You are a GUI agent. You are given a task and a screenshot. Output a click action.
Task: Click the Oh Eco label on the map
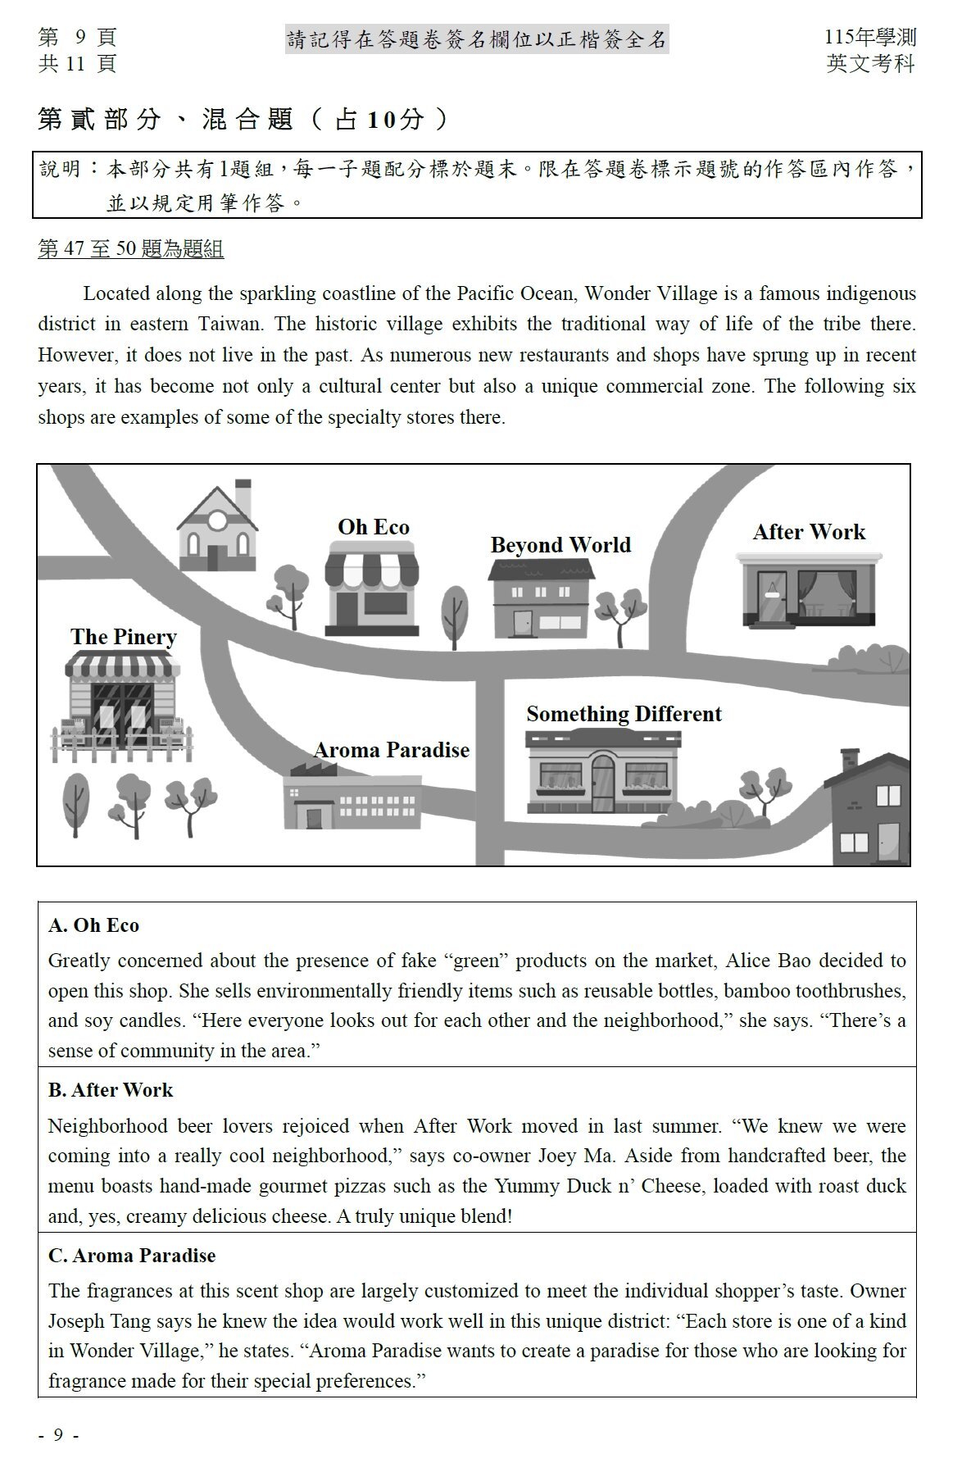pyautogui.click(x=374, y=527)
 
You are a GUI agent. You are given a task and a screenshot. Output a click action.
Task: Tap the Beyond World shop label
pyautogui.click(x=560, y=545)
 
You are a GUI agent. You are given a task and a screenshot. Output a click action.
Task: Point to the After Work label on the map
pyautogui.click(x=809, y=532)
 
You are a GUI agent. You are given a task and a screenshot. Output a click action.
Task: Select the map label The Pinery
pyautogui.click(x=124, y=637)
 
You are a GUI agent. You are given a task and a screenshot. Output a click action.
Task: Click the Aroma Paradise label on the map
pyautogui.click(x=392, y=750)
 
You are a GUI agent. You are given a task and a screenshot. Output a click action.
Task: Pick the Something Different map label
pyautogui.click(x=624, y=714)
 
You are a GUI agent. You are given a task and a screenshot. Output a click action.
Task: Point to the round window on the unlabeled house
pyautogui.click(x=217, y=519)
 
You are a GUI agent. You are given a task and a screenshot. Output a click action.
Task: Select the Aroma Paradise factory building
pyautogui.click(x=352, y=799)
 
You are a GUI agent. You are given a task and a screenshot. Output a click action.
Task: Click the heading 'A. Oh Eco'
pyautogui.click(x=94, y=925)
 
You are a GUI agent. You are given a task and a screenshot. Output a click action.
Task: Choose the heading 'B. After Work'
pyautogui.click(x=111, y=1090)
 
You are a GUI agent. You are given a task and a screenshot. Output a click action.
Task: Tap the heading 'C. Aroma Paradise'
pyautogui.click(x=132, y=1256)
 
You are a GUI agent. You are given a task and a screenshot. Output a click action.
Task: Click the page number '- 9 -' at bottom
pyautogui.click(x=59, y=1435)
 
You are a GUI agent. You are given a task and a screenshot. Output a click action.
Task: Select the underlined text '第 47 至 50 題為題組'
pyautogui.click(x=131, y=249)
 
